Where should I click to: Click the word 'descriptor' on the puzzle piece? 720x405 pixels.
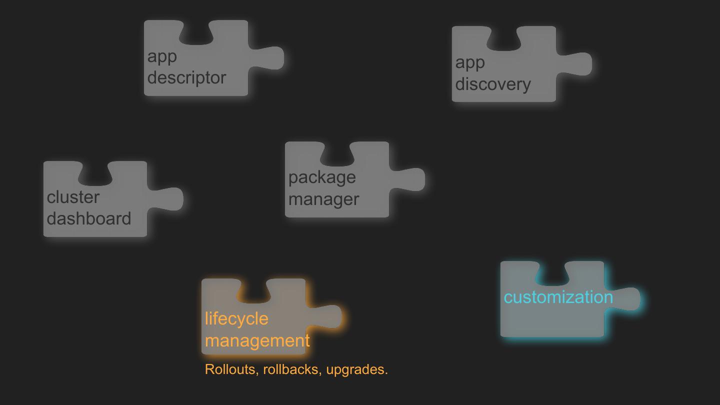pos(186,78)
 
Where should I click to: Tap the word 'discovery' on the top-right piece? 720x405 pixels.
pos(492,84)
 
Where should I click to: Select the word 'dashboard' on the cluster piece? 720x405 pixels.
pos(89,219)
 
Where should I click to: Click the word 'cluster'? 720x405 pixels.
pos(73,197)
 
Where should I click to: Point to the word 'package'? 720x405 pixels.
pos(322,177)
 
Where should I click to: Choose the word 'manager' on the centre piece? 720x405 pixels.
pos(323,199)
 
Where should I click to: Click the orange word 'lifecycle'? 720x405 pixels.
pos(236,318)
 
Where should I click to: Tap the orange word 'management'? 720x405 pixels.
pos(257,340)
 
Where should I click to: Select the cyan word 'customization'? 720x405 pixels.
pos(558,297)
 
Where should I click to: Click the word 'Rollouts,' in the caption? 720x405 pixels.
pos(232,369)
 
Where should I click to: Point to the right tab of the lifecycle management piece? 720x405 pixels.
pos(327,316)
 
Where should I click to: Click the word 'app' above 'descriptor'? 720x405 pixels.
pos(162,56)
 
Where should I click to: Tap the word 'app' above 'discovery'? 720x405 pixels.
pos(470,62)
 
